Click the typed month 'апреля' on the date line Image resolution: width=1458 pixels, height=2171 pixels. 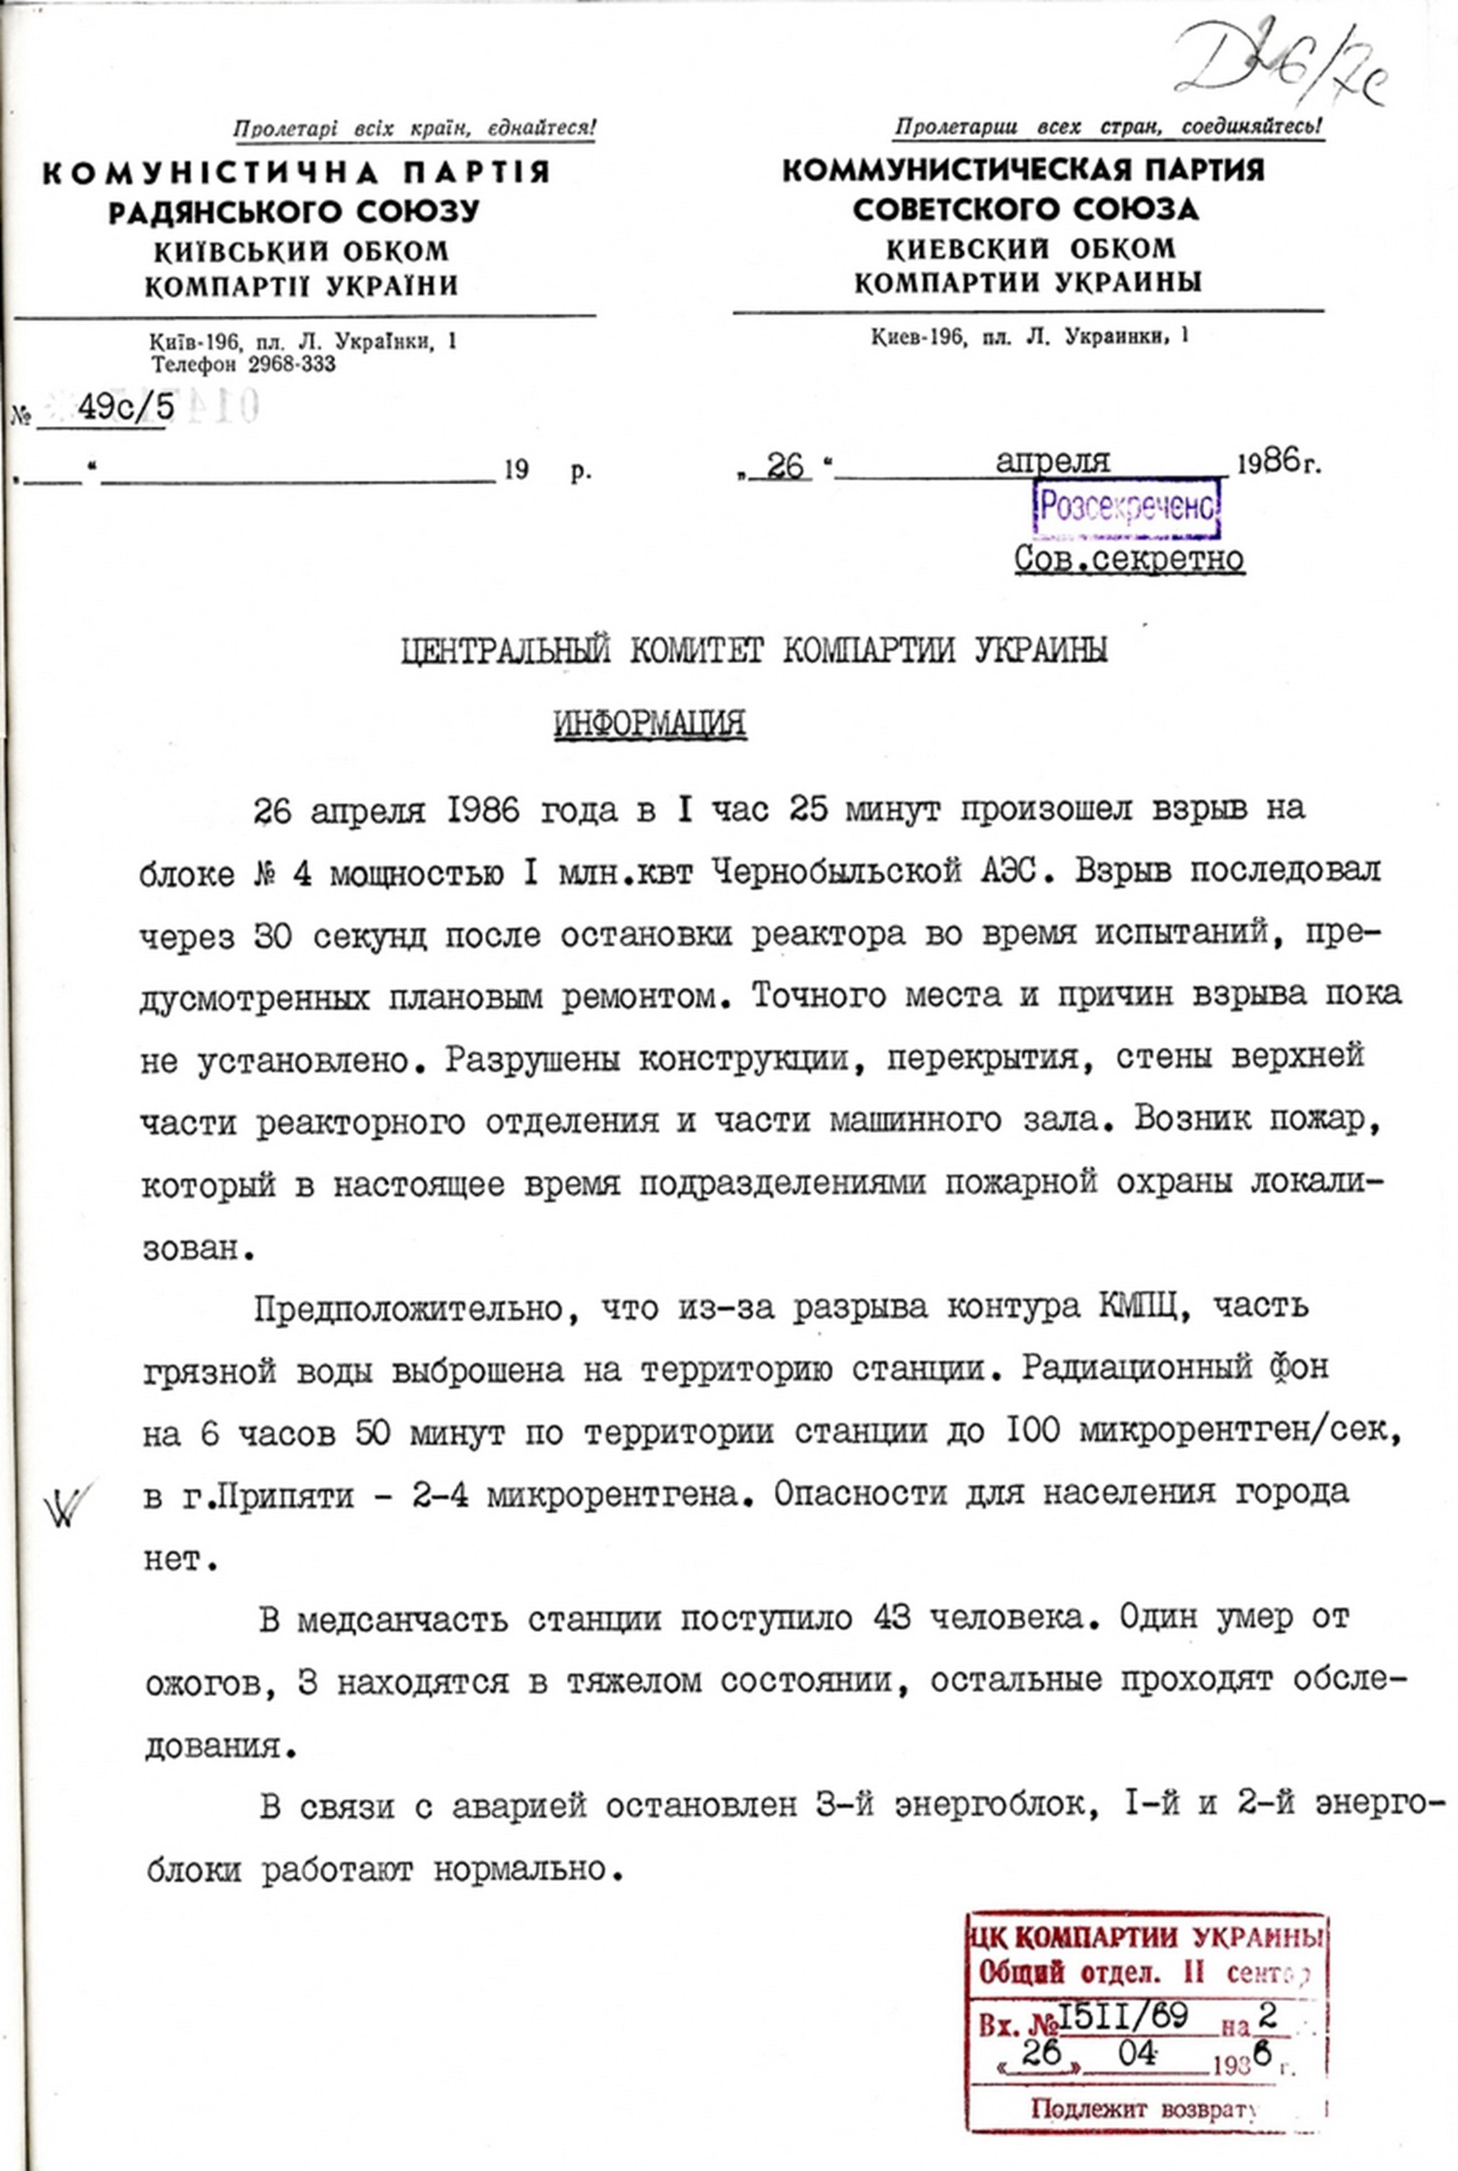pyautogui.click(x=1053, y=460)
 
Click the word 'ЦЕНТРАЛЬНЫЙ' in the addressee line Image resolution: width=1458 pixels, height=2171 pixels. pyautogui.click(x=507, y=650)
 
